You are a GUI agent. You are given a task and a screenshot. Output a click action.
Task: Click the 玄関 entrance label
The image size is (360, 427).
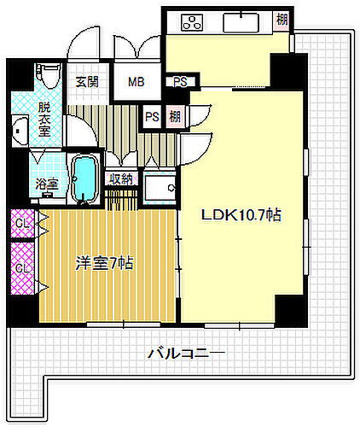[x=86, y=83]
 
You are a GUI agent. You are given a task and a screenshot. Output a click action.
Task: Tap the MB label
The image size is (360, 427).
[x=136, y=83]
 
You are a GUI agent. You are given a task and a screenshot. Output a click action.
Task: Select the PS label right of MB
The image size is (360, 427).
[x=180, y=83]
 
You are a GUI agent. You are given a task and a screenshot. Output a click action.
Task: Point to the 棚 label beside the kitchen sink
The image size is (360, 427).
[x=282, y=20]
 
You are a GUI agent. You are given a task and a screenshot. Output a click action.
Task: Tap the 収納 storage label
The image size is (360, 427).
[x=120, y=179]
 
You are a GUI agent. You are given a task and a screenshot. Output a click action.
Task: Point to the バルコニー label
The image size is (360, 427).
[x=185, y=352]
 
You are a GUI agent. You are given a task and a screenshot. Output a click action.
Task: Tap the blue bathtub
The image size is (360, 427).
[x=84, y=179]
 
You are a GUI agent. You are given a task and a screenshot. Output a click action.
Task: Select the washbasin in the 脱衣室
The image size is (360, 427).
[x=20, y=132]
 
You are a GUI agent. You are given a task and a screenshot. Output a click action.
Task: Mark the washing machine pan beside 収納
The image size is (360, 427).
[x=159, y=188]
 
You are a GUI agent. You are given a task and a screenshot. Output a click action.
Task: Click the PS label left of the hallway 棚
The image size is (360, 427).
[x=152, y=116]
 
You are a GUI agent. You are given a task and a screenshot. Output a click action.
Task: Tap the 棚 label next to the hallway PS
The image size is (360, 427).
[x=174, y=116]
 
